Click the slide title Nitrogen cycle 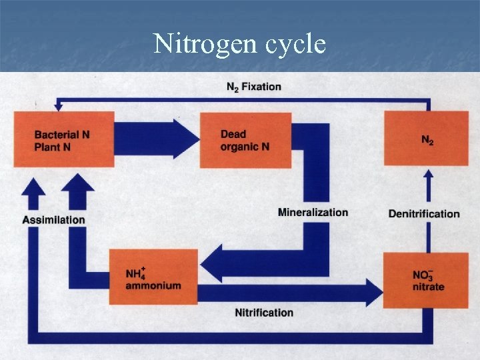click(239, 44)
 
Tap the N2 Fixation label click(253, 87)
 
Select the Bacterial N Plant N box click(64, 139)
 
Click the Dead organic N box click(245, 140)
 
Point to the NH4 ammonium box click(153, 277)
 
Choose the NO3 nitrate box click(427, 280)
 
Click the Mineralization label click(313, 213)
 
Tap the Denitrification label click(424, 214)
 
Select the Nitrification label click(264, 313)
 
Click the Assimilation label click(54, 219)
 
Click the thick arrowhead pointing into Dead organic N click(186, 139)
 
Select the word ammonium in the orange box click(153, 286)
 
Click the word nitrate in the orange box click(428, 287)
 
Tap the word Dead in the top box click(233, 135)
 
